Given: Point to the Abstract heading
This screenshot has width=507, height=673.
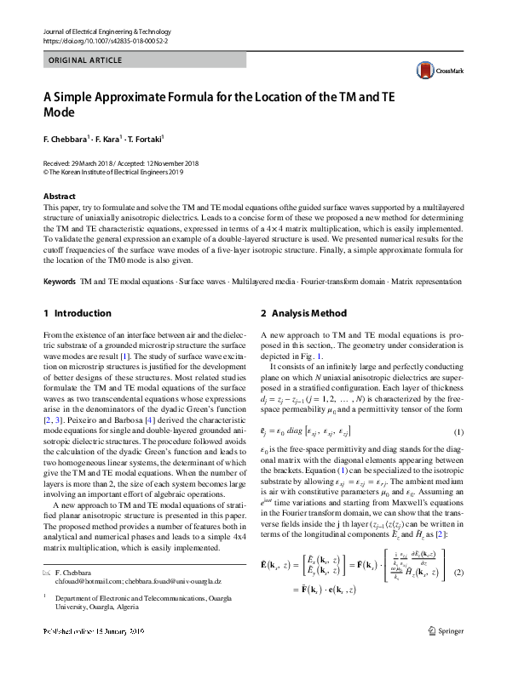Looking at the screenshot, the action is [x=59, y=196].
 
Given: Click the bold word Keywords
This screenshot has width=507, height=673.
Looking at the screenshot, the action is [x=59, y=256].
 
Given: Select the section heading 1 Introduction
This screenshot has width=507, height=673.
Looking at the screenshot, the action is [x=77, y=289].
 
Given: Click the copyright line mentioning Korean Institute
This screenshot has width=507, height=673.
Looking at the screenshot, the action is [x=113, y=171].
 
